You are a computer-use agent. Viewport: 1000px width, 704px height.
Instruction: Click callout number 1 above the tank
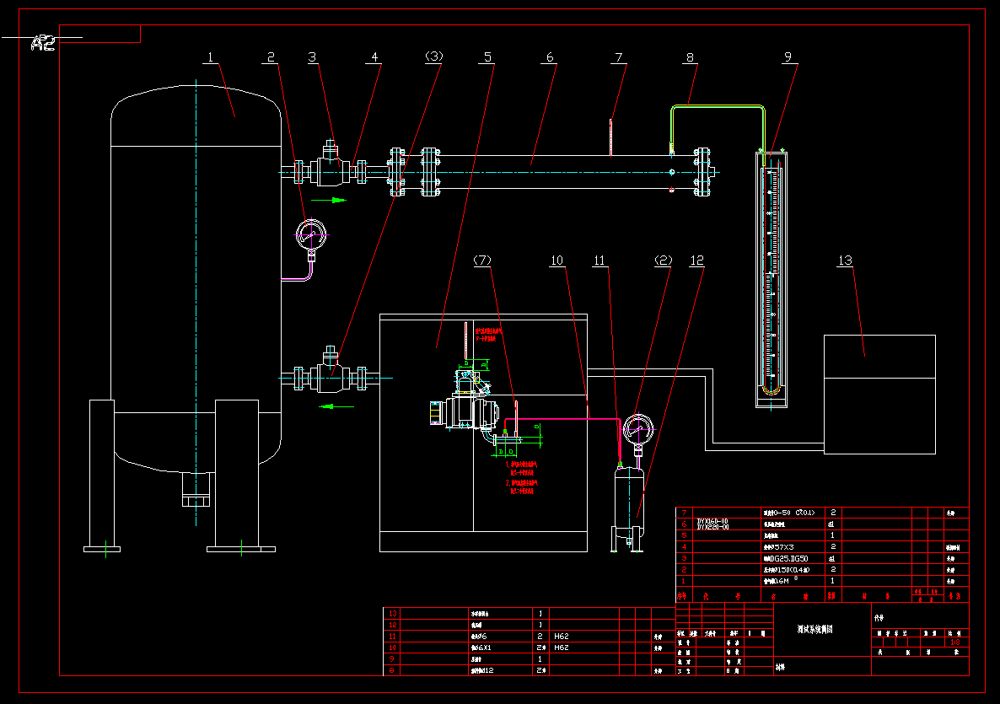point(210,57)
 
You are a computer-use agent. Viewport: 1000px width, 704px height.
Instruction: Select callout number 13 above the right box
point(845,261)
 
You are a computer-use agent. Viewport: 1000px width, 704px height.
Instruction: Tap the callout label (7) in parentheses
point(482,261)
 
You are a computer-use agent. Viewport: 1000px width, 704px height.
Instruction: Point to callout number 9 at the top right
point(788,57)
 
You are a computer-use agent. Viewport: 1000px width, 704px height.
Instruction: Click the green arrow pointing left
point(336,406)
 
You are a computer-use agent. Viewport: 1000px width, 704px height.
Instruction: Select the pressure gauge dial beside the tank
point(311,234)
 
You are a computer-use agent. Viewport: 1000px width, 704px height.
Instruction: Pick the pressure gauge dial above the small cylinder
point(637,428)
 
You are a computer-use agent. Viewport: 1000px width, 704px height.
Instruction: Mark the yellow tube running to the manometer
point(717,105)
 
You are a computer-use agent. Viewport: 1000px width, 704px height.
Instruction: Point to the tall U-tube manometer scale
point(772,278)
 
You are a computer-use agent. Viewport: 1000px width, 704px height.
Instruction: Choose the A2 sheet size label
point(44,43)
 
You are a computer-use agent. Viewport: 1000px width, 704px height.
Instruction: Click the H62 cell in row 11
point(562,636)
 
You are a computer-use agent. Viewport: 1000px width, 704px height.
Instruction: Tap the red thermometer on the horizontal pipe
point(610,137)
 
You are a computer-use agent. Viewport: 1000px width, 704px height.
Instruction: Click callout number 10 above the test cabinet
point(557,261)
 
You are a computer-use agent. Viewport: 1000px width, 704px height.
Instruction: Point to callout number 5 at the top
point(487,57)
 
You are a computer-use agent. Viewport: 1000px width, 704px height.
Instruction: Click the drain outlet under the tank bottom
point(195,489)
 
